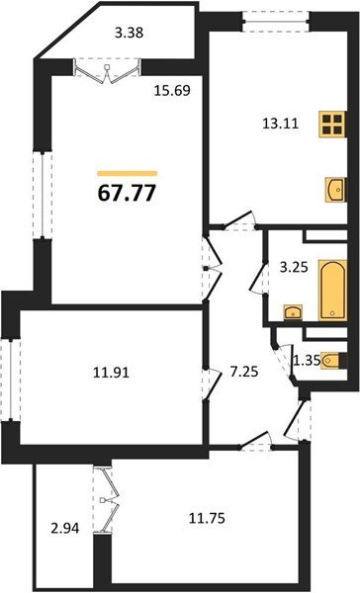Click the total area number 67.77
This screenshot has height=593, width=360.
tap(126, 190)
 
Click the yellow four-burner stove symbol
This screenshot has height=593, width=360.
tap(331, 126)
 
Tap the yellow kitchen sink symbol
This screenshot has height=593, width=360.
tap(333, 187)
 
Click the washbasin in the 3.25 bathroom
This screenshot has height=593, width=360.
tap(291, 314)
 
